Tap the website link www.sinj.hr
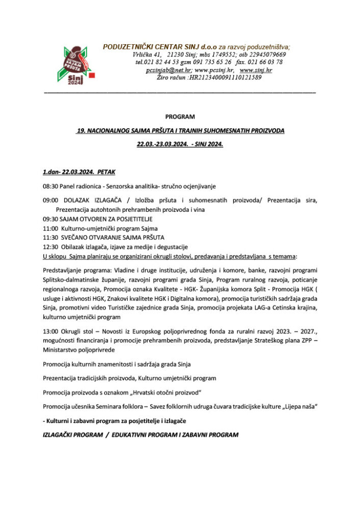pyautogui.click(x=256, y=70)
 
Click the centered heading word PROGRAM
pyautogui.click(x=180, y=117)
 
